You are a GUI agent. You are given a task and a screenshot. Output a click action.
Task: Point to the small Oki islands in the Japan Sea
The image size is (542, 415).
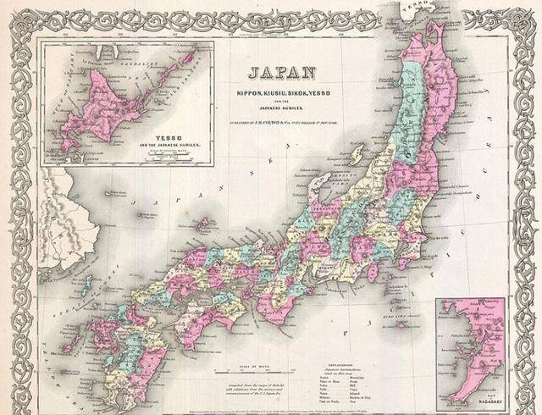pyautogui.click(x=202, y=224)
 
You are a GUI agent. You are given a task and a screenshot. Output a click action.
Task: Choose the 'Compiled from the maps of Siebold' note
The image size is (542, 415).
pyautogui.click(x=255, y=385)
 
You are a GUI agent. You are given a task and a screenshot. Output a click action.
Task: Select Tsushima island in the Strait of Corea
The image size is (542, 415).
pyautogui.click(x=87, y=284)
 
